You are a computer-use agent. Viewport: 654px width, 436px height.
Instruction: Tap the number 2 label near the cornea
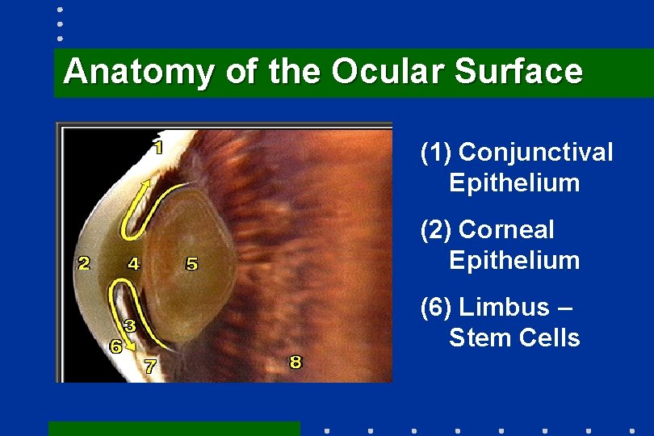pos(83,262)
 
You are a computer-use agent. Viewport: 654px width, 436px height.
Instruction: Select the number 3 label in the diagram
pos(128,325)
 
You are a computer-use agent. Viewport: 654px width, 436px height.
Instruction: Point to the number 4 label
pos(133,262)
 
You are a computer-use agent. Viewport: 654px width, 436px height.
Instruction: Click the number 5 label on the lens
pos(191,263)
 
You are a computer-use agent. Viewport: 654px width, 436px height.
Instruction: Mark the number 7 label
pos(150,366)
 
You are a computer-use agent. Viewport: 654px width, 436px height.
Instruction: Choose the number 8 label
pos(296,362)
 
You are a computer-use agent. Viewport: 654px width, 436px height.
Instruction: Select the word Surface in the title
pos(518,71)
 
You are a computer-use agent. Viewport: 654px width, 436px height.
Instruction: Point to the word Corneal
pos(506,229)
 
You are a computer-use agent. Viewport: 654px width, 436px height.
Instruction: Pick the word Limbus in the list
pos(506,307)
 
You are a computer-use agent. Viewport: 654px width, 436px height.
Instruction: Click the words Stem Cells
pos(514,337)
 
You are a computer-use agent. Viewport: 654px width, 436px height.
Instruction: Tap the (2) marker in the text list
pos(435,229)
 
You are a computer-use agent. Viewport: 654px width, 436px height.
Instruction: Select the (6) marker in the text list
pos(435,307)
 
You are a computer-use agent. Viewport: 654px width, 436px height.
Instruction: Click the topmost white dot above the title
pos(60,11)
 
